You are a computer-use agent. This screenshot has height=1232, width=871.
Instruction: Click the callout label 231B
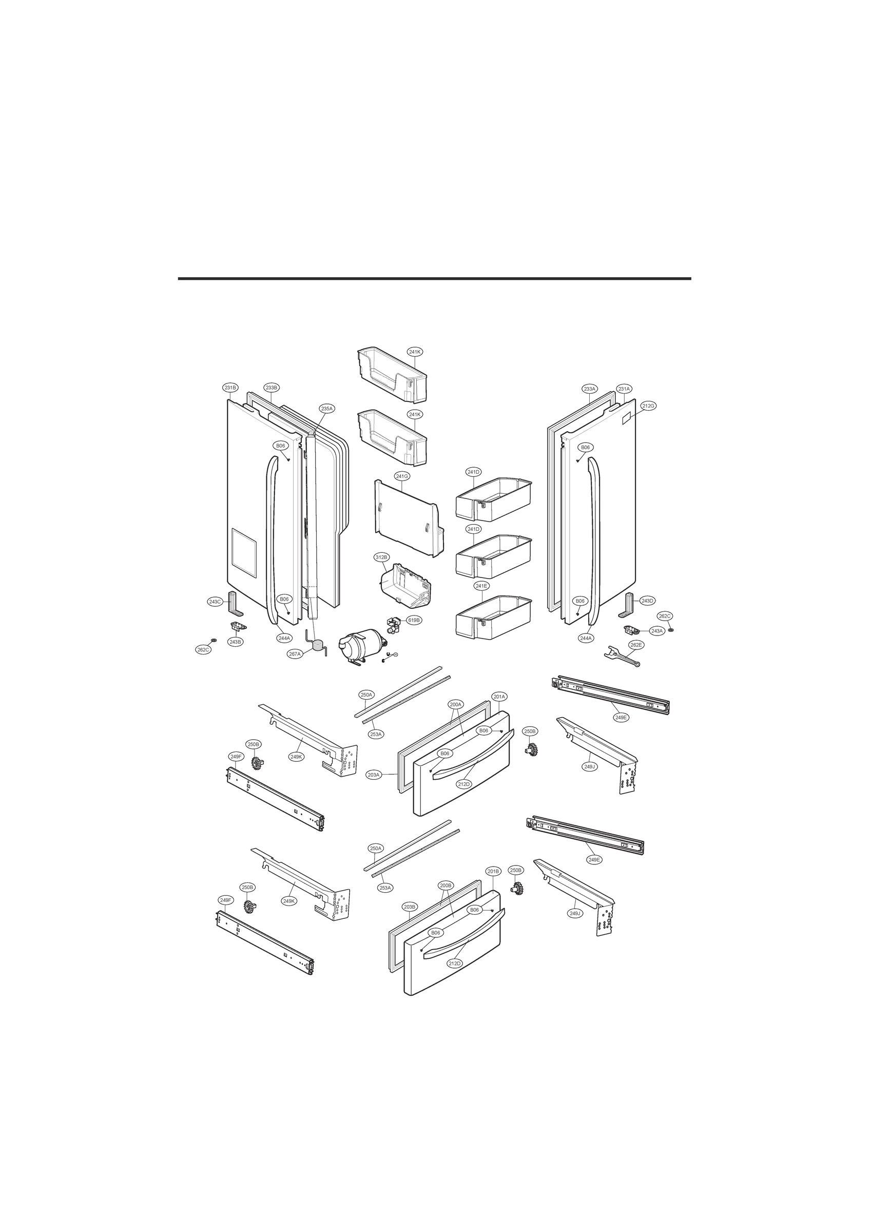tap(230, 388)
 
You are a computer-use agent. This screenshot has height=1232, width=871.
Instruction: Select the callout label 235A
tap(327, 408)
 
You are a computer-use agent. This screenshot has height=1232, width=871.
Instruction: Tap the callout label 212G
tap(648, 406)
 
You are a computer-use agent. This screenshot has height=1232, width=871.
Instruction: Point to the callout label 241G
tap(402, 476)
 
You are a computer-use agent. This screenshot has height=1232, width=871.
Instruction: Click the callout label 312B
tap(381, 557)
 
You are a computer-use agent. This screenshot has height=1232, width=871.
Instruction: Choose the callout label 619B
tap(414, 620)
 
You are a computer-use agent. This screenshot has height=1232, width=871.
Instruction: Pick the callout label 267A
tap(295, 654)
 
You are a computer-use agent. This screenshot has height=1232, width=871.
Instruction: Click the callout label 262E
tap(636, 645)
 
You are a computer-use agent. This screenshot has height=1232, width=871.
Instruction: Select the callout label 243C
tap(215, 602)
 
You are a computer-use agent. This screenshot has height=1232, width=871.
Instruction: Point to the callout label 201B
tap(493, 872)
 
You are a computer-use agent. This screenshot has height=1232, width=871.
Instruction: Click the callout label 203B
tap(409, 907)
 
